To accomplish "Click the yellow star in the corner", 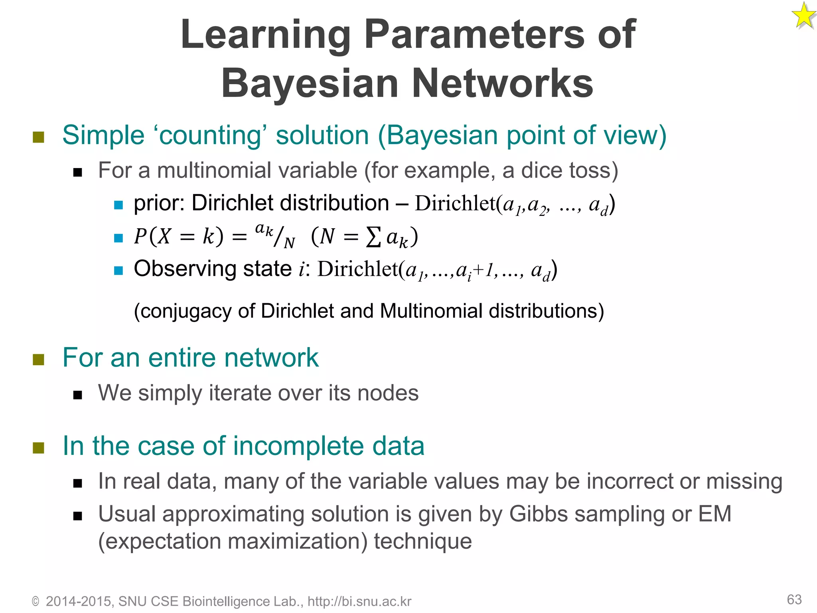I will (803, 16).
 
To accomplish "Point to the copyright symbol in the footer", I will (36, 601).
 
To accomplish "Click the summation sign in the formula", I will (373, 237).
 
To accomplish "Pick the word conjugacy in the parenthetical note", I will (186, 311).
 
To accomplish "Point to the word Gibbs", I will (538, 514).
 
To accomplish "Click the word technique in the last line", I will (423, 542).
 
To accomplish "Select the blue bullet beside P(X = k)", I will (118, 238).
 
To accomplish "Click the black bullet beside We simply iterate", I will (78, 395).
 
